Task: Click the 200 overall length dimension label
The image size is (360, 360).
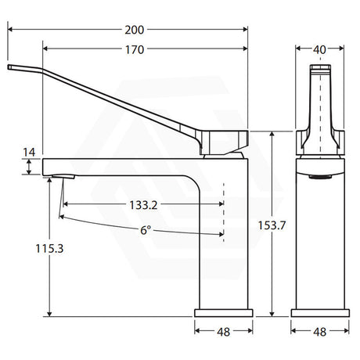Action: [x=135, y=30]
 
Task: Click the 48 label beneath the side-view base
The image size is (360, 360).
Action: [x=223, y=332]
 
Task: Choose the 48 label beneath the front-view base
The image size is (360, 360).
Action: [x=319, y=332]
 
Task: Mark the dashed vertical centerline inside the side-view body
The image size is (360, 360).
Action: [x=224, y=209]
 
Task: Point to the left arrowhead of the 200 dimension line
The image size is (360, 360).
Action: [x=12, y=30]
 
